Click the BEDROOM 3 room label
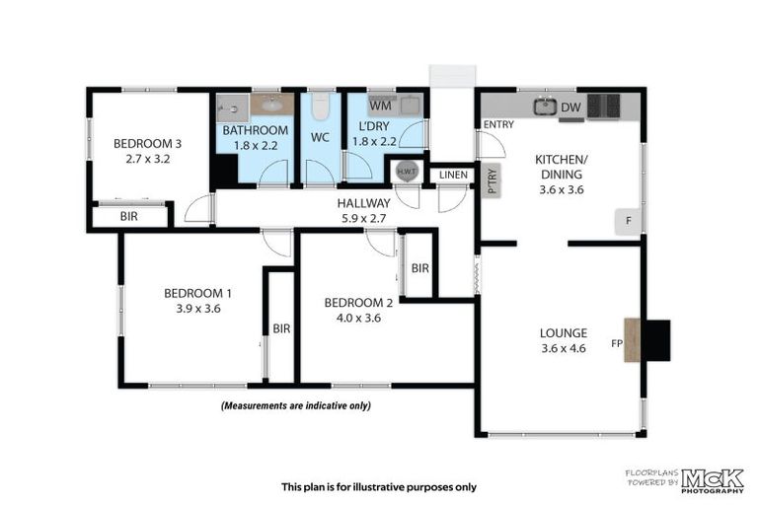[x=146, y=141]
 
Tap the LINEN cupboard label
[x=454, y=175]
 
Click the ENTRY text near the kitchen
[x=498, y=124]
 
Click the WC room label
[x=320, y=137]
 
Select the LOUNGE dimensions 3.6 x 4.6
[x=564, y=347]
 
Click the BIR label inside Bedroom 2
[x=419, y=267]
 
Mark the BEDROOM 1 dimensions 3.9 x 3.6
[x=198, y=308]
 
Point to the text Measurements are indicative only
[x=296, y=405]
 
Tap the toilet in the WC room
[x=320, y=108]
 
